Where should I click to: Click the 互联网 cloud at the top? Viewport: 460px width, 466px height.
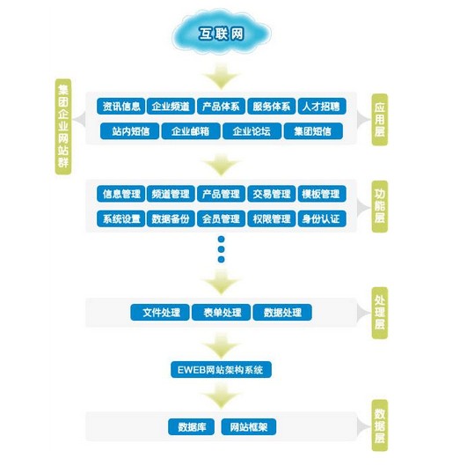pyautogui.click(x=221, y=33)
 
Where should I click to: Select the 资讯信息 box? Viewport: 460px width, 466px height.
pyautogui.click(x=120, y=106)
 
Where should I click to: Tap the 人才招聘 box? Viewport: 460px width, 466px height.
pyautogui.click(x=322, y=106)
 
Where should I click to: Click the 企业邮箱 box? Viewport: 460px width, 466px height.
pyautogui.click(x=191, y=131)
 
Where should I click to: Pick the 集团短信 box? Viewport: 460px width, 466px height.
pyautogui.click(x=313, y=131)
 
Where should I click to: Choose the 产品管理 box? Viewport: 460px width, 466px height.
pyautogui.click(x=221, y=194)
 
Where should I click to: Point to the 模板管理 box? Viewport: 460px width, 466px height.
pyautogui.click(x=322, y=194)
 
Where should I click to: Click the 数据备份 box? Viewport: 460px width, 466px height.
pyautogui.click(x=171, y=218)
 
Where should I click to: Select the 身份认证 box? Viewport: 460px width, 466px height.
pyautogui.click(x=322, y=218)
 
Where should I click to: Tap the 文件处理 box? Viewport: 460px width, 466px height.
pyautogui.click(x=160, y=313)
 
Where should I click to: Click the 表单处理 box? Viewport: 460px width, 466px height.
pyautogui.click(x=221, y=313)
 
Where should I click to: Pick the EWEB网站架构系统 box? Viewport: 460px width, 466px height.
pyautogui.click(x=221, y=370)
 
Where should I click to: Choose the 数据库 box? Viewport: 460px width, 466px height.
pyautogui.click(x=192, y=427)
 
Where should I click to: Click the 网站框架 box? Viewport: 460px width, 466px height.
pyautogui.click(x=249, y=427)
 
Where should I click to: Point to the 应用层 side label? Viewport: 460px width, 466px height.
pyautogui.click(x=380, y=120)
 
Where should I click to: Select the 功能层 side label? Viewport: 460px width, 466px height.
pyautogui.click(x=380, y=206)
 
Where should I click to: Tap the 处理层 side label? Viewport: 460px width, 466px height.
pyautogui.click(x=380, y=313)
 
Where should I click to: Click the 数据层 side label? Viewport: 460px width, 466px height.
pyautogui.click(x=380, y=425)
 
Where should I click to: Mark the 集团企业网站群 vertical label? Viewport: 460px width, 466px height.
pyautogui.click(x=63, y=126)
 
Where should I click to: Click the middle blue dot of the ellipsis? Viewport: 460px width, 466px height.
pyautogui.click(x=221, y=249)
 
